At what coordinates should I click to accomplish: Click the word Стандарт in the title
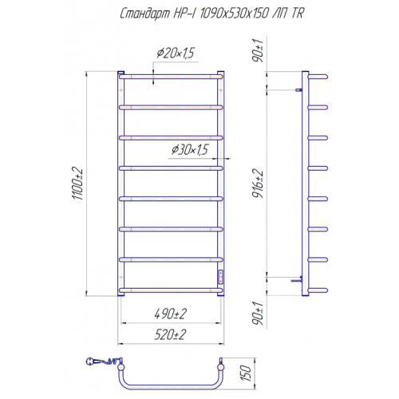pos(144,14)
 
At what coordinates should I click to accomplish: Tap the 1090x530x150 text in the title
pos(234,13)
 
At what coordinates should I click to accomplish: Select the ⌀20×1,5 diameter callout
pos(176,53)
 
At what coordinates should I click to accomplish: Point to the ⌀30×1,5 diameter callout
pos(190,149)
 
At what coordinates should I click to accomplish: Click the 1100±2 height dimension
pos(77,184)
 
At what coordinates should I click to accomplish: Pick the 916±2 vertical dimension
pos(258,184)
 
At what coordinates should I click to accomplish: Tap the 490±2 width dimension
pos(171,314)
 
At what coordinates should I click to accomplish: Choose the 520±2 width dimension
pos(170,334)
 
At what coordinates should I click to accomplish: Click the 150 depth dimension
pos(246,373)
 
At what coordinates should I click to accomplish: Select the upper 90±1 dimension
pos(258,50)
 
